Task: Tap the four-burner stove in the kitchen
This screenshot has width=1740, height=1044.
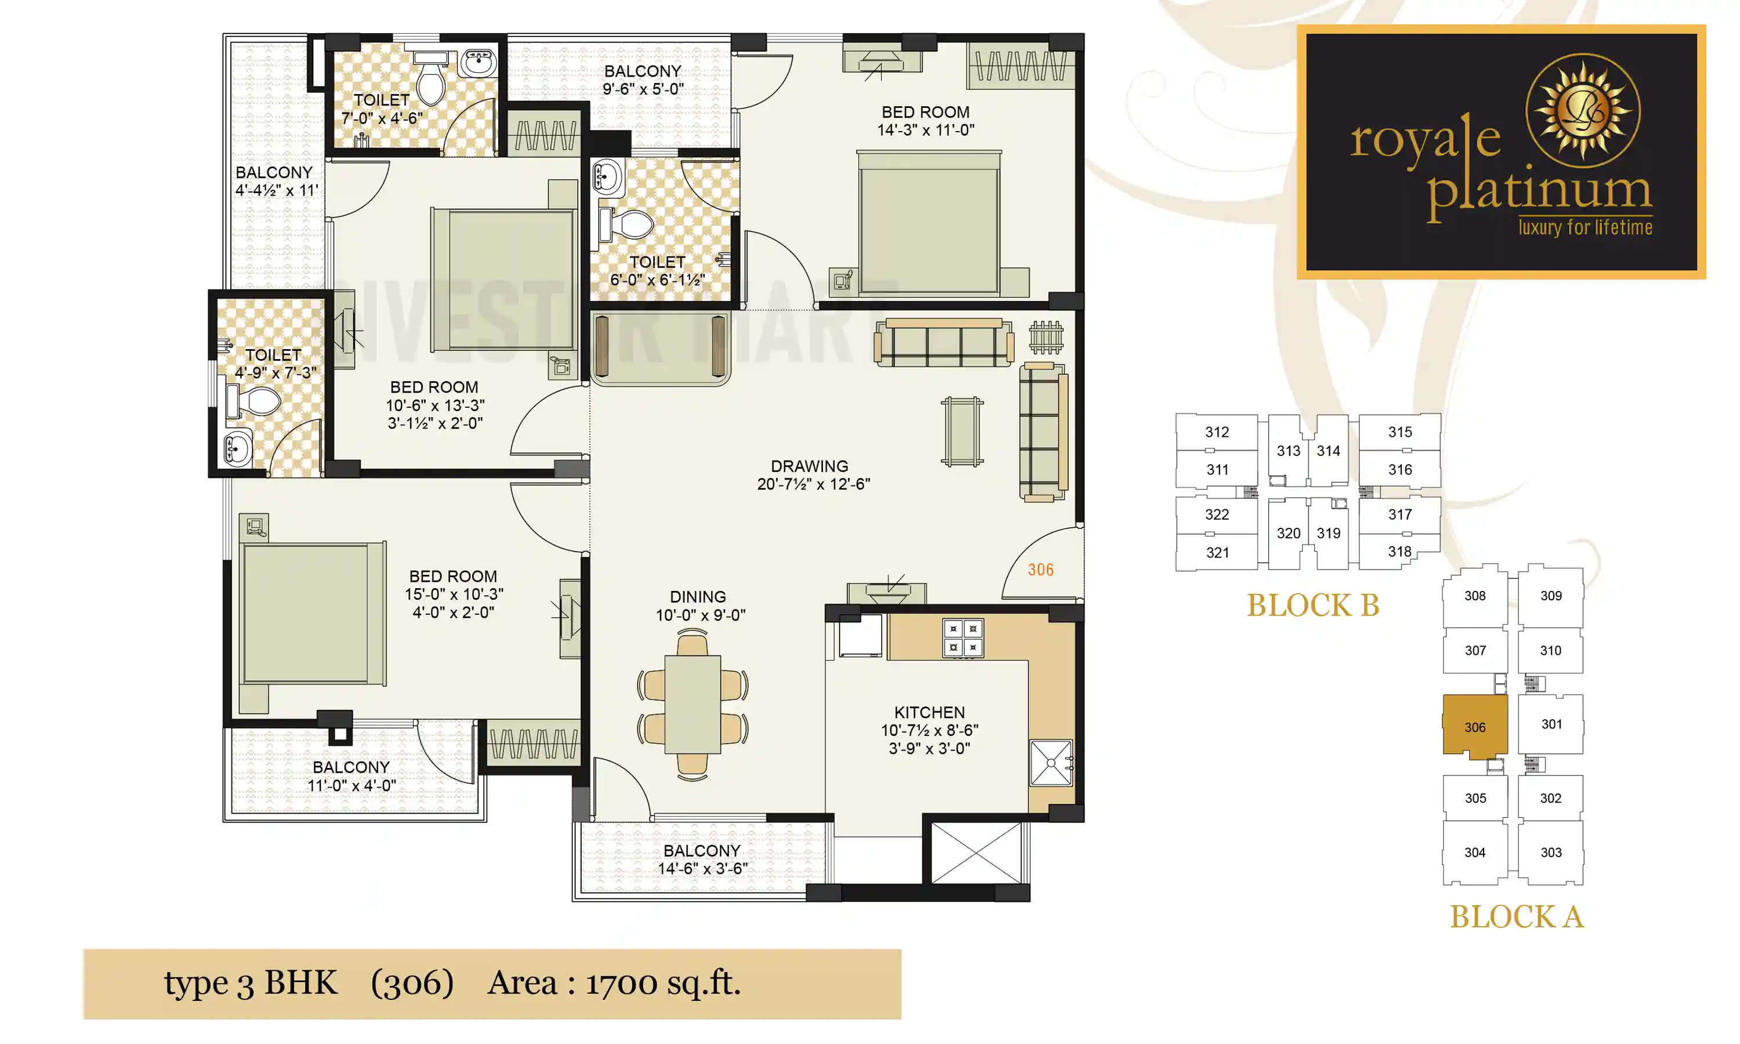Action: (963, 637)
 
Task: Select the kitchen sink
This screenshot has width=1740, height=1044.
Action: (1051, 763)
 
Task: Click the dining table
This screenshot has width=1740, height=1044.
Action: (693, 704)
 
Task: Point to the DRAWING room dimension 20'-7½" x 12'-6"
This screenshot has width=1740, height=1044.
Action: (813, 484)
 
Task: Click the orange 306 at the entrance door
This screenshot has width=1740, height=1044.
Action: (1040, 570)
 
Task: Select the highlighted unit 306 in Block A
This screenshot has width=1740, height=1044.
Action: (1475, 727)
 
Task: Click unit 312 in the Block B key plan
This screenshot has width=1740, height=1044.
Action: (1217, 432)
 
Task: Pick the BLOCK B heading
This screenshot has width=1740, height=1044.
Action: (1313, 605)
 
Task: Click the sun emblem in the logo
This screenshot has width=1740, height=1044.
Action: (1582, 111)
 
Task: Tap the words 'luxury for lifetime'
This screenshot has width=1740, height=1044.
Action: (1585, 228)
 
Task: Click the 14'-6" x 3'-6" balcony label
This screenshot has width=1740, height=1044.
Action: (702, 868)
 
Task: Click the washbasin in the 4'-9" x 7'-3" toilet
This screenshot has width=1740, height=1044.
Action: (237, 448)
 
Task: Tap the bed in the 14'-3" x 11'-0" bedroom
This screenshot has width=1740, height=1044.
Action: (929, 224)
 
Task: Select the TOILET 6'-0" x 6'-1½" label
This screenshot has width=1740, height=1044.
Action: (657, 271)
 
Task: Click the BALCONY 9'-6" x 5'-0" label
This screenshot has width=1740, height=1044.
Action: (643, 79)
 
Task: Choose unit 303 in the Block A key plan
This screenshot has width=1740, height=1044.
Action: (1551, 852)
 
